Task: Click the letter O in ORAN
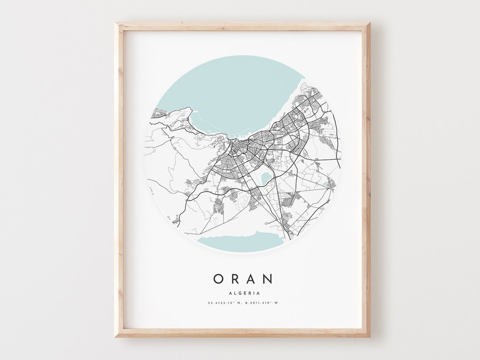(218, 279)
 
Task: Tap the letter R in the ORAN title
(235, 279)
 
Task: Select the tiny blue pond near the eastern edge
(325, 184)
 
